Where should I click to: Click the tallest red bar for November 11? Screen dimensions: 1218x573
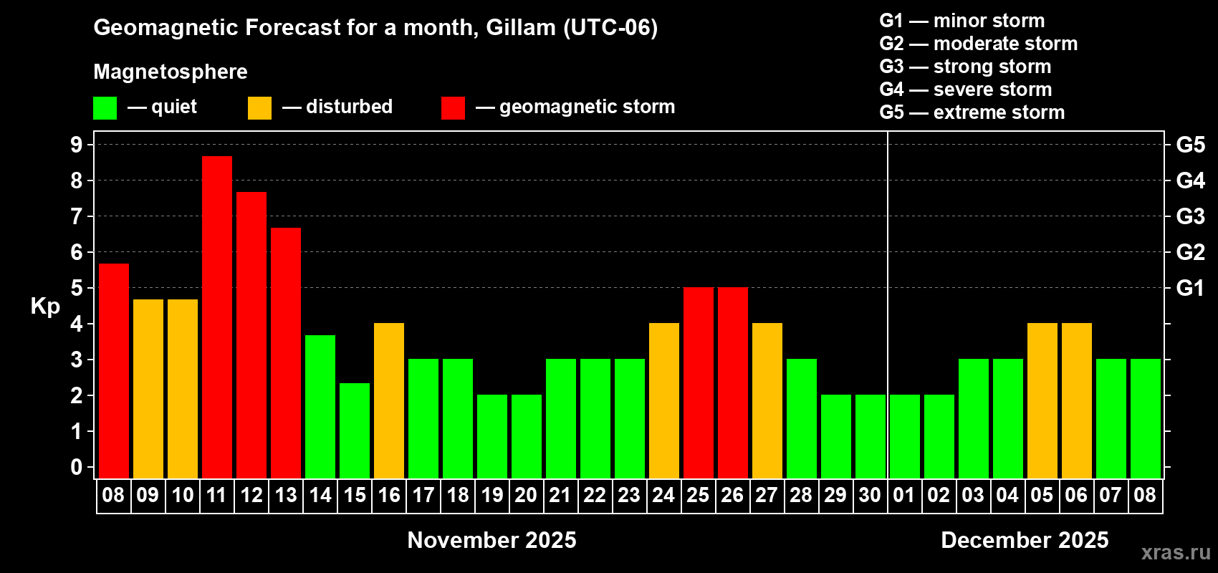coord(217,317)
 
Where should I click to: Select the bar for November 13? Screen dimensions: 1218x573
coord(286,353)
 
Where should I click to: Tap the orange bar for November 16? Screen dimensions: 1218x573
coord(389,400)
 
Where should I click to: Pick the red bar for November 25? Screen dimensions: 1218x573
coord(698,382)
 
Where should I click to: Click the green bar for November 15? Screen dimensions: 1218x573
coord(355,430)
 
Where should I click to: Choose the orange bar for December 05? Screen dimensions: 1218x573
coord(1042,400)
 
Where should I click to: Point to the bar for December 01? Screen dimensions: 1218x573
coord(905,436)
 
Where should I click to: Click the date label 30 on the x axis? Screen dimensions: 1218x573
coord(870,495)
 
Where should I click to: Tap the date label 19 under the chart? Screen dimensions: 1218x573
coord(492,495)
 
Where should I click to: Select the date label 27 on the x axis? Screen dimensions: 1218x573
coord(767,495)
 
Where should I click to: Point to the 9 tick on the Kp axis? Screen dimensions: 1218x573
coord(76,145)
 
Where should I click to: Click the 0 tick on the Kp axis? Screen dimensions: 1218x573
coord(76,467)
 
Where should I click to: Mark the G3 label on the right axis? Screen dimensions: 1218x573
coord(1191,216)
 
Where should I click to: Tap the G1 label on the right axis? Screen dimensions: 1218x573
coord(1191,288)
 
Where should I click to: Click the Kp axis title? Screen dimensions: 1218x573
coord(45,307)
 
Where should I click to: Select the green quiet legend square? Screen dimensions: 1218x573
coord(105,107)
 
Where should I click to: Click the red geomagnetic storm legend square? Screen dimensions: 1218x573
coord(454,107)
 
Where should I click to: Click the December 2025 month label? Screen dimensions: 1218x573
coord(1025,540)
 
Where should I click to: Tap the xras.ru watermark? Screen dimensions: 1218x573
coord(1176,553)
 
